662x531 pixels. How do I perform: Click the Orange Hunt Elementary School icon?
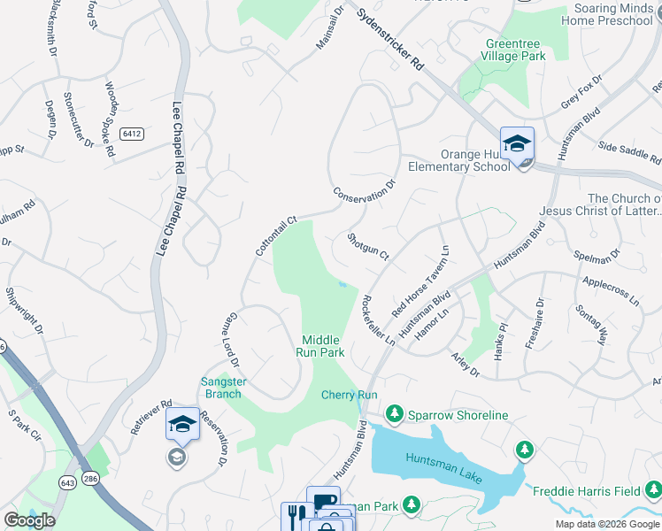point(517,143)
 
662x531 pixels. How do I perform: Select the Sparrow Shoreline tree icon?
point(394,414)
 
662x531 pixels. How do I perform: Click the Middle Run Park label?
point(321,345)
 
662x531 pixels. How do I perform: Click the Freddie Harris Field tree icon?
point(525,450)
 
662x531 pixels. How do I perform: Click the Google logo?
point(29,520)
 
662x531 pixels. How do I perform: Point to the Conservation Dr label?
point(363,193)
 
